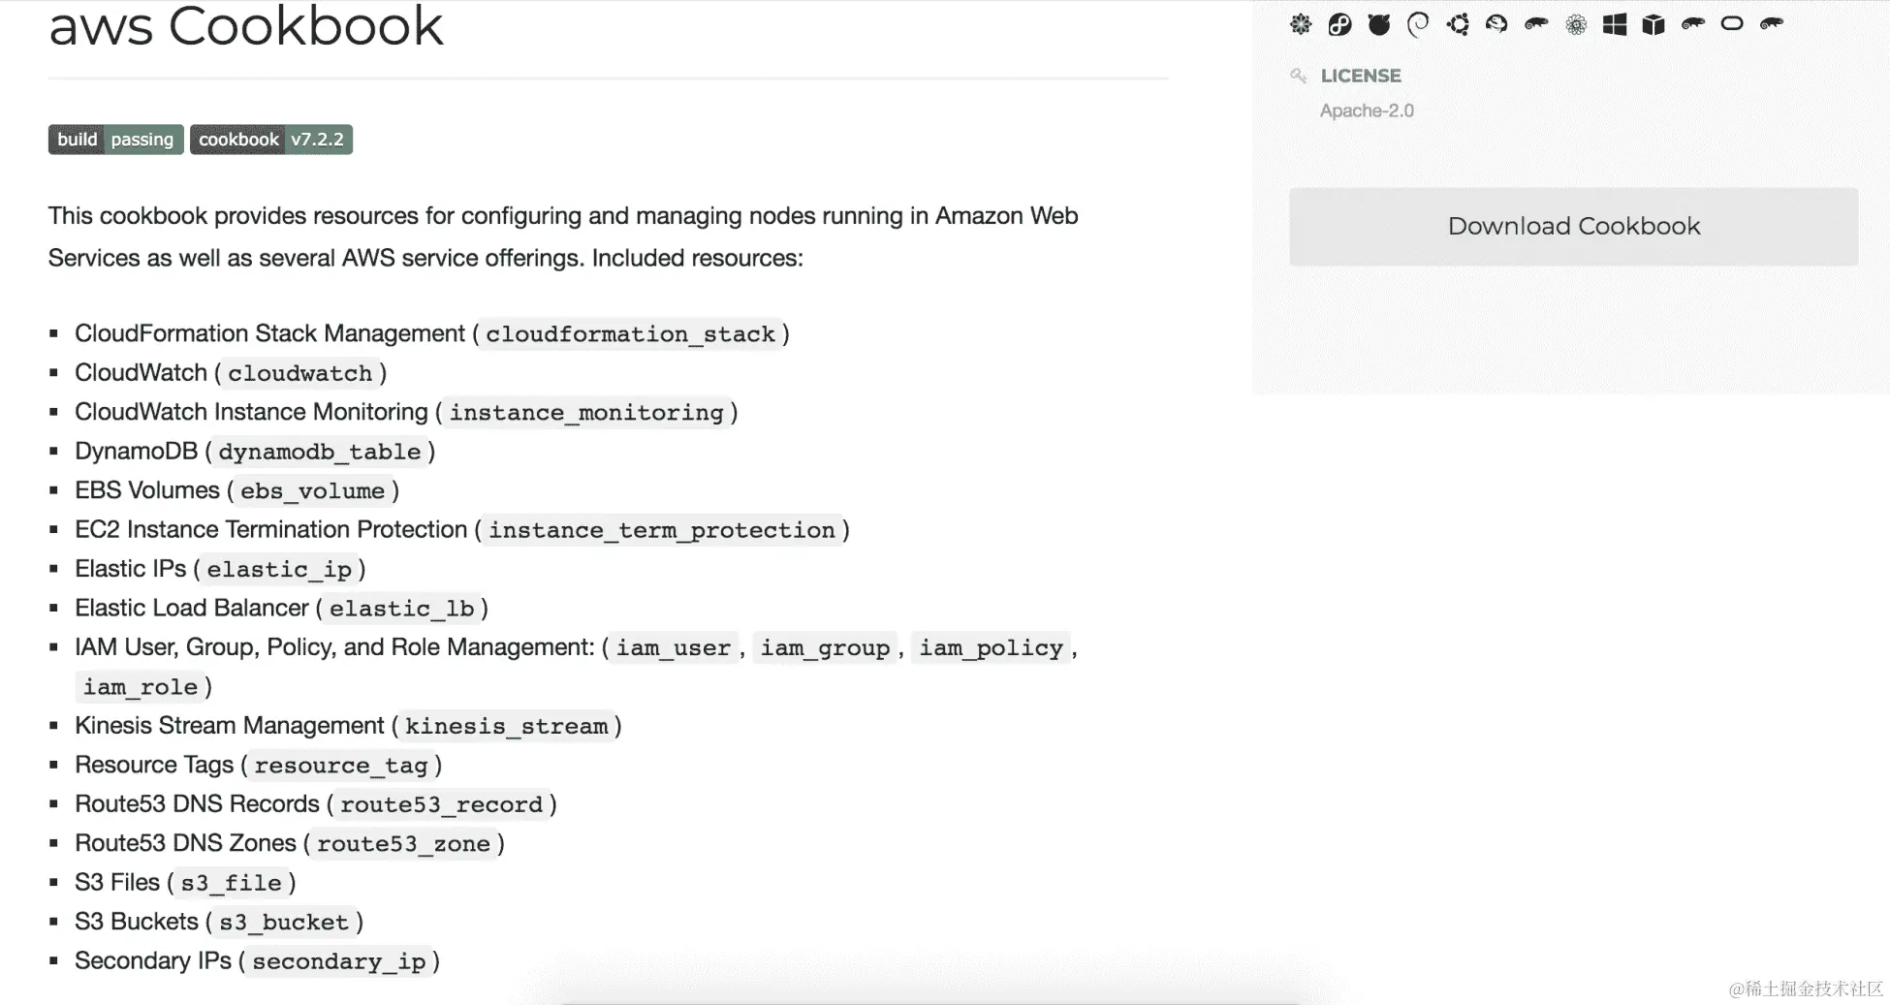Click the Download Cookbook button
[x=1573, y=226]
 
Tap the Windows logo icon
[x=1614, y=24]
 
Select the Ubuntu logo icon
[x=1458, y=24]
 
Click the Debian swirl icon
[x=1418, y=24]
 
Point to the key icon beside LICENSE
[x=1299, y=76]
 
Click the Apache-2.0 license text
[x=1367, y=110]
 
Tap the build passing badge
[x=115, y=140]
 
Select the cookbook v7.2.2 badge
[x=271, y=140]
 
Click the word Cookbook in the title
[x=305, y=26]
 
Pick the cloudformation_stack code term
[x=630, y=334]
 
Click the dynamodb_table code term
[x=320, y=452]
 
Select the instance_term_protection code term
[x=661, y=530]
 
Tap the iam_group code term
[x=825, y=647]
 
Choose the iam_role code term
[x=141, y=687]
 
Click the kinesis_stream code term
[x=506, y=726]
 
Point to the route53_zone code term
[x=403, y=844]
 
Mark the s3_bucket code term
[x=284, y=923]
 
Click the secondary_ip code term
[x=339, y=961]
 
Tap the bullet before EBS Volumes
[x=54, y=491]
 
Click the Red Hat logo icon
[x=1536, y=24]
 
